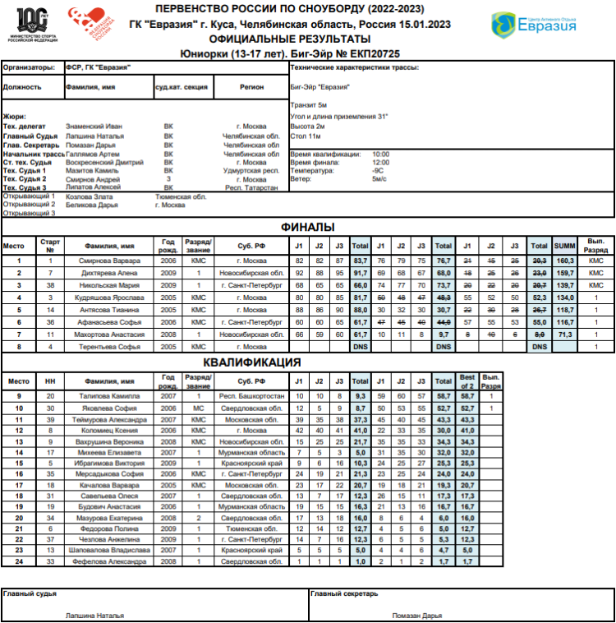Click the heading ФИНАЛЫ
307,227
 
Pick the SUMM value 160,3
564,261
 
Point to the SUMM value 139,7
564,284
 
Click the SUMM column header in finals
564,245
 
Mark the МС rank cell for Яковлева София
198,408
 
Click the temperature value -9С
379,170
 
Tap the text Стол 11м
305,136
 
